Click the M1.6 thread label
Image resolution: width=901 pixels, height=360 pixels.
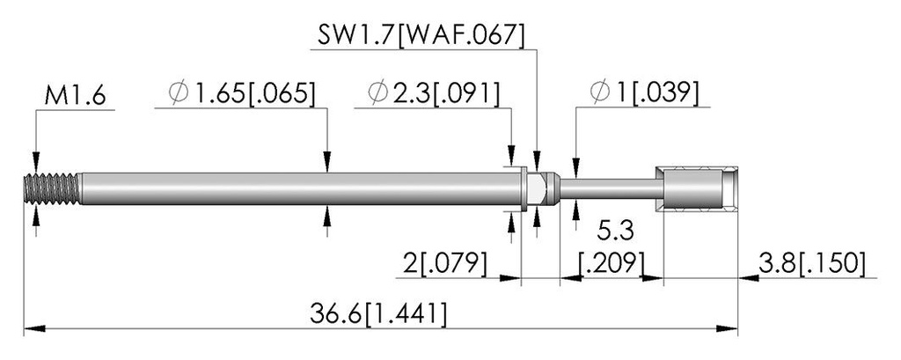(x=75, y=95)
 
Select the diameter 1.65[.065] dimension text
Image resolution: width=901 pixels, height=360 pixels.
(x=242, y=93)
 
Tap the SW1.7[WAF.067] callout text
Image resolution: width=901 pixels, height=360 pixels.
(x=421, y=36)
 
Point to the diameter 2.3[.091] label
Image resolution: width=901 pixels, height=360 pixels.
(x=434, y=93)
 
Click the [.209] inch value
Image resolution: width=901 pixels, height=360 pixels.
(x=611, y=264)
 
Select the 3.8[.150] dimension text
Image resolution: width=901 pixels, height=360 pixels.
(x=810, y=264)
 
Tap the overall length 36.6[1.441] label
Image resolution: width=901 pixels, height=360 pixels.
(x=377, y=314)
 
